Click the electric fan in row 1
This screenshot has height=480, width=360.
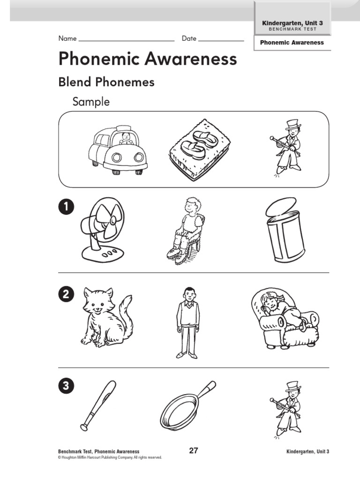(103, 228)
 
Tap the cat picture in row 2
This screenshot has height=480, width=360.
(106, 317)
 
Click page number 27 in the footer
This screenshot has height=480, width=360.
(194, 451)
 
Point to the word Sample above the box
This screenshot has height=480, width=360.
(91, 102)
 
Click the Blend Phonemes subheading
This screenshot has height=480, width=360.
(106, 82)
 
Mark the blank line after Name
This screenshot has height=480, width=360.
(127, 41)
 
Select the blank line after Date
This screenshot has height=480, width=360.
(221, 41)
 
